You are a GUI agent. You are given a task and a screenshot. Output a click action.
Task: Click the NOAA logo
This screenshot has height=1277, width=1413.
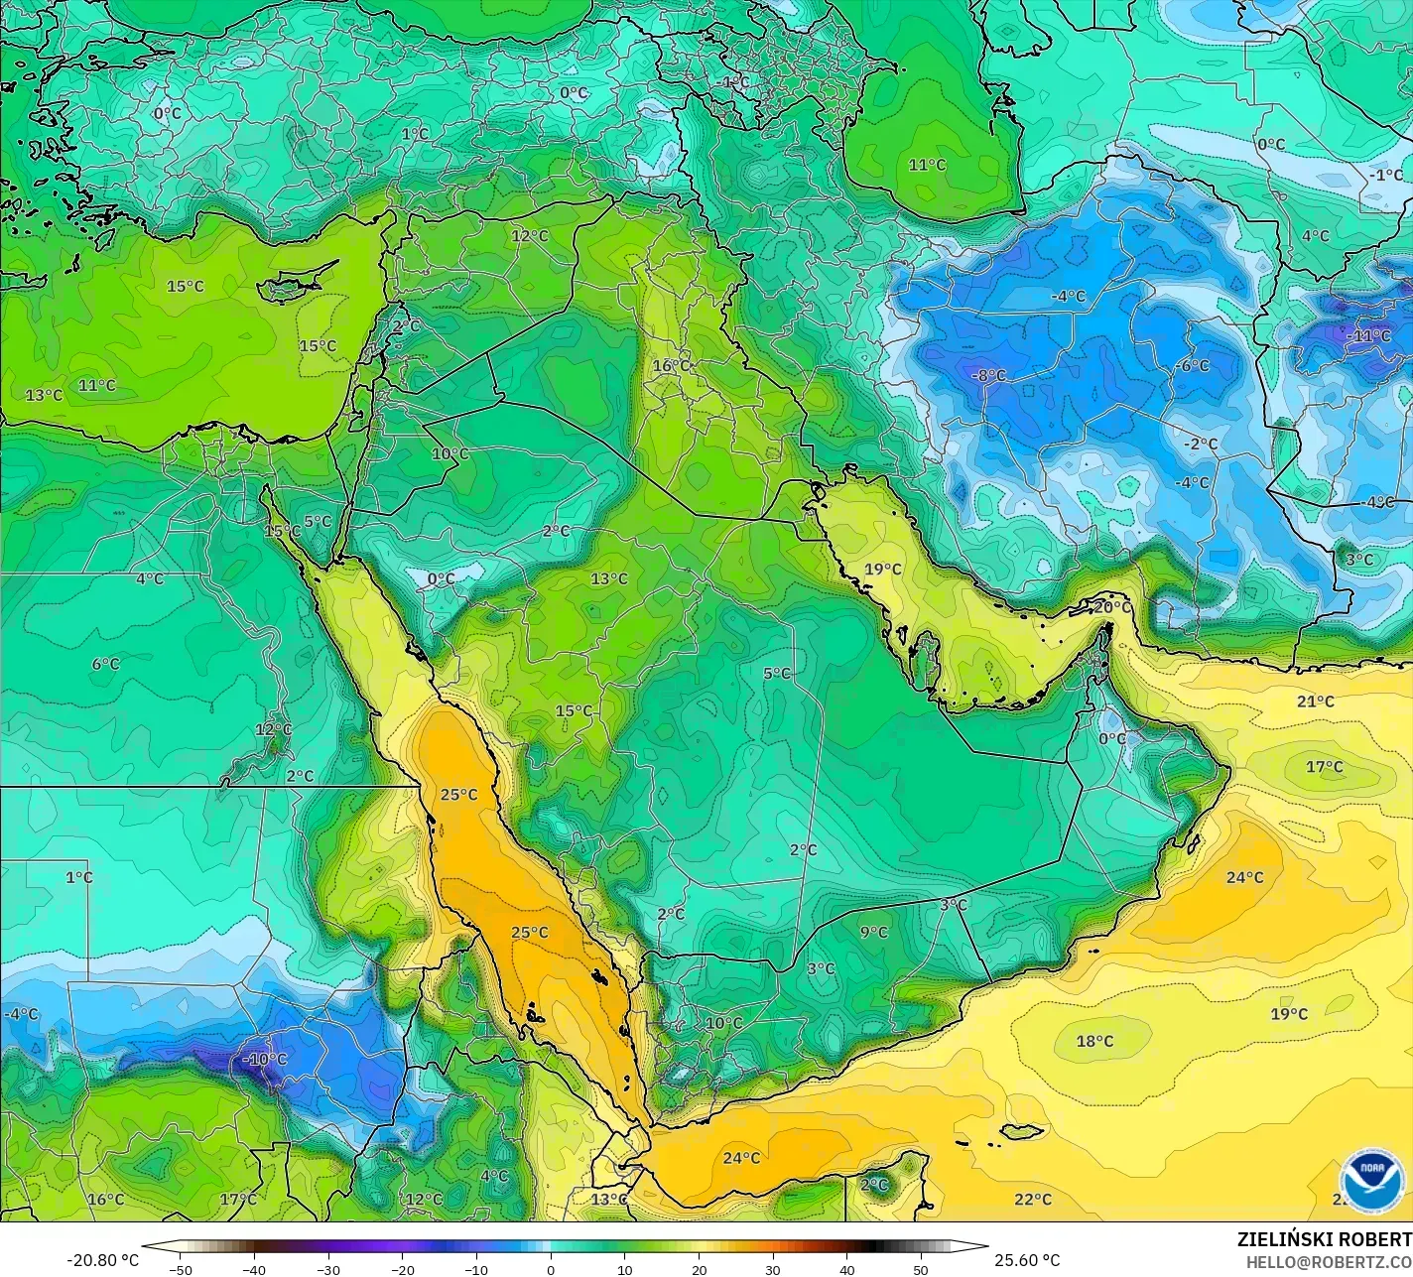1371,1180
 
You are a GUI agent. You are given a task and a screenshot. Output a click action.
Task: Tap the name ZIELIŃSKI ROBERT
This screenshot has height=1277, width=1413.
1324,1239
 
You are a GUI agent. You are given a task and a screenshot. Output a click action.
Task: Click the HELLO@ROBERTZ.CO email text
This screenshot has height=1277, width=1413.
1329,1261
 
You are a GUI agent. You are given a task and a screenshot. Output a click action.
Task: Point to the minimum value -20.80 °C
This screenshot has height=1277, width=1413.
103,1260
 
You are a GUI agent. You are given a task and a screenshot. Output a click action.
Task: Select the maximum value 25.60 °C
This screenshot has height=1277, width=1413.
1027,1260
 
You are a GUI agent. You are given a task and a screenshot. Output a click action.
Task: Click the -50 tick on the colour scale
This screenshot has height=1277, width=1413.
180,1269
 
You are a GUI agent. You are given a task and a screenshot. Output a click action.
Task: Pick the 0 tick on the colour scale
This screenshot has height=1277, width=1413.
551,1269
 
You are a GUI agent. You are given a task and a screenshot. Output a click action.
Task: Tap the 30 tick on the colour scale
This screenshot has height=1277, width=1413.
773,1269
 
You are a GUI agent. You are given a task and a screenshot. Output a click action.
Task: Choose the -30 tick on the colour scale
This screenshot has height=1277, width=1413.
328,1269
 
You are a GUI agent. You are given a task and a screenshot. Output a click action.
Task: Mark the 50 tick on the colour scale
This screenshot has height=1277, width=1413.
921,1269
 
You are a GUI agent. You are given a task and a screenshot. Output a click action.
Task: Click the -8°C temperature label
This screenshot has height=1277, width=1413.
989,375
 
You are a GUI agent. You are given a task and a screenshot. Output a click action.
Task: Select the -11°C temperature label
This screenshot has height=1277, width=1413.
1369,335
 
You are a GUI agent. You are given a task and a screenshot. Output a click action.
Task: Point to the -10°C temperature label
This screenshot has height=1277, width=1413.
265,1059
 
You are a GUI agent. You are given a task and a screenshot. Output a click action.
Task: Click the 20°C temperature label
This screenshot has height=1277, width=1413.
1112,606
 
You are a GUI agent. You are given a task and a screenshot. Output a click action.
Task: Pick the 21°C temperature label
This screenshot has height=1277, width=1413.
1316,702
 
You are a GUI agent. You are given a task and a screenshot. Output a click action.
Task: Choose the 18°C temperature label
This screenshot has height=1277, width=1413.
1095,1041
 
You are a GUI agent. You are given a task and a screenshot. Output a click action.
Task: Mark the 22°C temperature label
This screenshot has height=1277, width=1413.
1033,1199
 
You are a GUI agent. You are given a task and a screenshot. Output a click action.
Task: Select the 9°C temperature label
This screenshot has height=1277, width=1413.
874,932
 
